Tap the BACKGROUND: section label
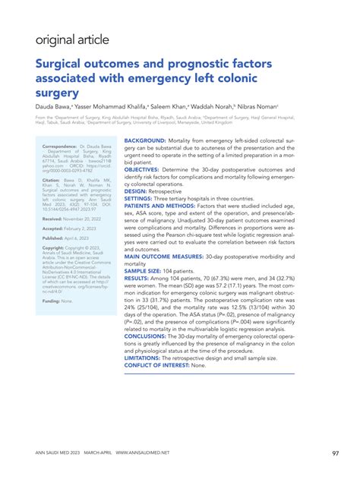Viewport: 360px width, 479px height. tap(145, 142)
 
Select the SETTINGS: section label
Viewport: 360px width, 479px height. tap(139, 198)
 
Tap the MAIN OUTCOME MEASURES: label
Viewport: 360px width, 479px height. tap(166, 256)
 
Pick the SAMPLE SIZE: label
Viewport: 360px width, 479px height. tap(142, 269)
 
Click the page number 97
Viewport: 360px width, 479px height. tap(336, 454)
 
